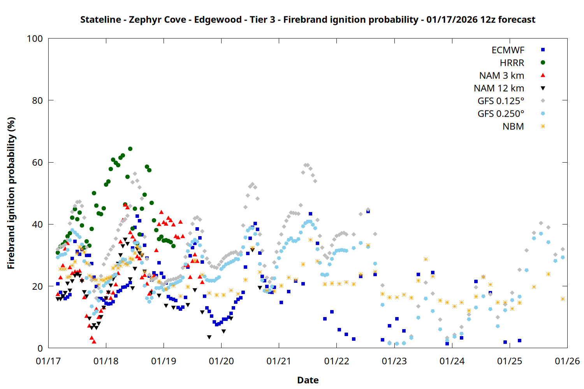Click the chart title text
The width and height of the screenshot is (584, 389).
coord(308,19)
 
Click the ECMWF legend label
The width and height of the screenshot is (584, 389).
coord(508,50)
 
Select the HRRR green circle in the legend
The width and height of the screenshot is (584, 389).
coord(543,63)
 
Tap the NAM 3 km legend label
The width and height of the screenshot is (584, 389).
coord(501,75)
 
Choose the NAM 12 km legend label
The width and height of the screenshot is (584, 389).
coord(499,88)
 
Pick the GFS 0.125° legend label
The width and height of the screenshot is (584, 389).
coord(501,101)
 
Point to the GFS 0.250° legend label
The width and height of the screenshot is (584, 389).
coord(501,114)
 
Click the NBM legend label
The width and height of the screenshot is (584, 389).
coord(513,126)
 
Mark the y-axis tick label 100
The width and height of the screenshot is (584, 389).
coord(35,39)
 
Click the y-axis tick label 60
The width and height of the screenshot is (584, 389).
coord(37,162)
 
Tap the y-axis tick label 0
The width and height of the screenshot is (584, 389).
coord(40,348)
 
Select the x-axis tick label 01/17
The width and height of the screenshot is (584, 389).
coord(48,361)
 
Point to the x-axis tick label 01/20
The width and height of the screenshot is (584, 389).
coord(221,361)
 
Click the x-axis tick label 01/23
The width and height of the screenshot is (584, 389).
coord(394,361)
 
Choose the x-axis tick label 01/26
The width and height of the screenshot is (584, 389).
coord(567,361)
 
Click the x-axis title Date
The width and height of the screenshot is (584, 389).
coord(308,380)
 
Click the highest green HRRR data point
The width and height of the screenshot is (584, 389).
coord(130,149)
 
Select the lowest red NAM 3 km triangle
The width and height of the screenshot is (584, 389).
coord(94,342)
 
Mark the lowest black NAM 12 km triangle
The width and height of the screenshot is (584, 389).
coord(209,337)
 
